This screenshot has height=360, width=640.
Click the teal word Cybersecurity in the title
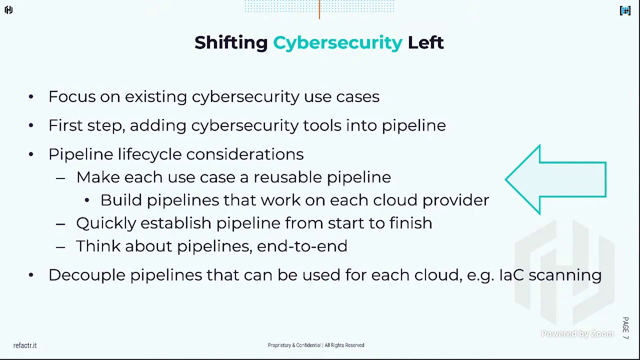[337, 43]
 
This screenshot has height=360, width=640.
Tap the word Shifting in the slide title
[231, 43]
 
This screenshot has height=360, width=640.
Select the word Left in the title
[425, 42]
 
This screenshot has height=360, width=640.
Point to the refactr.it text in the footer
[25, 345]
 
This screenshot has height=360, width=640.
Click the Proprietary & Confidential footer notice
[316, 345]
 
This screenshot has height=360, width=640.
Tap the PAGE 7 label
[625, 328]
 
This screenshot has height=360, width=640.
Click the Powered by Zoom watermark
[577, 334]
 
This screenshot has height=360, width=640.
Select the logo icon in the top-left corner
[8, 10]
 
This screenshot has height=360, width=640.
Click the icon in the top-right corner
[625, 10]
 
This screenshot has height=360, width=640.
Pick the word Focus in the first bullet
[71, 96]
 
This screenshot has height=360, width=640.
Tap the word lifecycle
[149, 154]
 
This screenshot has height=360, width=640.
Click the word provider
[455, 200]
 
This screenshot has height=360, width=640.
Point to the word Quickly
[106, 223]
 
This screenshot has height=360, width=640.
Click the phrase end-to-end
[302, 246]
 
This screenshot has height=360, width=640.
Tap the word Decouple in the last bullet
[87, 275]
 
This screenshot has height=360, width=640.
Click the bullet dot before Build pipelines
[87, 200]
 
